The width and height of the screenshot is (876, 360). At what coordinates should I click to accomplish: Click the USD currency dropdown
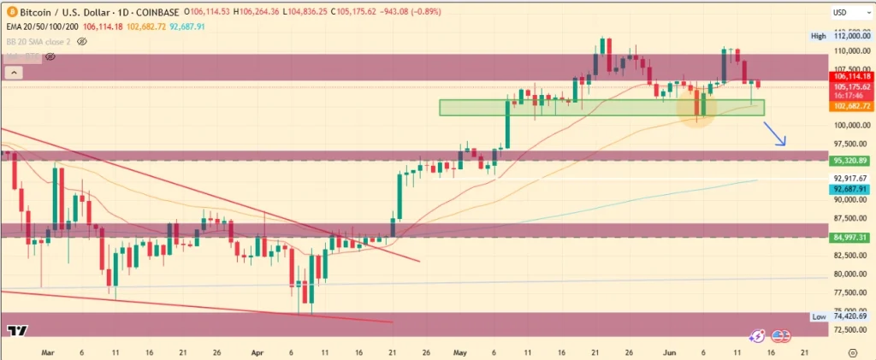point(843,13)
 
